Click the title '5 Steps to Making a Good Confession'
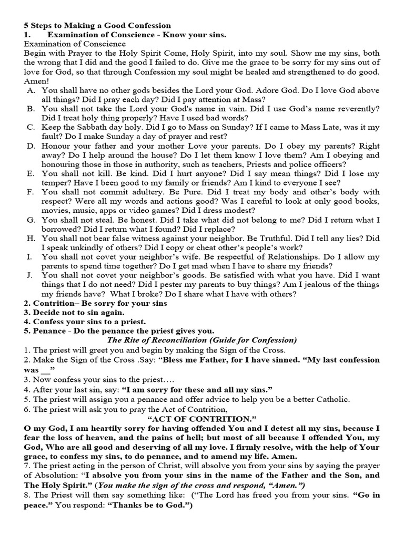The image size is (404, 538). pos(97,25)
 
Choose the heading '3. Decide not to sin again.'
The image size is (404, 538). pos(74,313)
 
